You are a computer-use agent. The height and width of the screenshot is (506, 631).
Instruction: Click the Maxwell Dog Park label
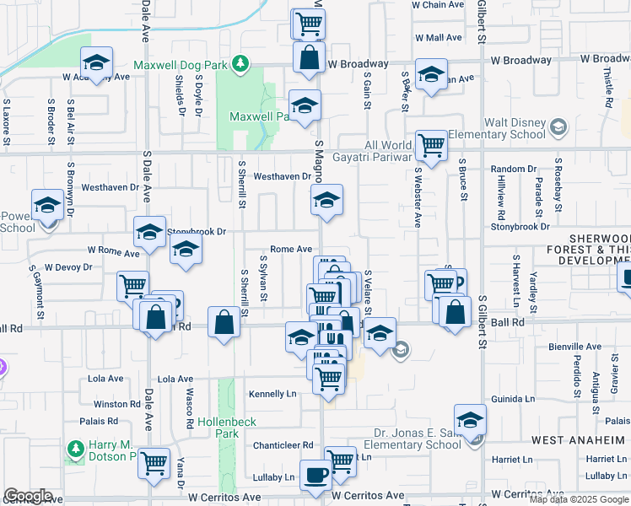pyautogui.click(x=182, y=65)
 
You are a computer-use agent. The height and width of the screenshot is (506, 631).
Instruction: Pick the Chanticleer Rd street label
pyautogui.click(x=283, y=445)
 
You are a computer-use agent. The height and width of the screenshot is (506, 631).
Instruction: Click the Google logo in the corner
pyautogui.click(x=28, y=496)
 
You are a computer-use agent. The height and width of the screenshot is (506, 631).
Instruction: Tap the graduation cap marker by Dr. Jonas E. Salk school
pyautogui.click(x=471, y=418)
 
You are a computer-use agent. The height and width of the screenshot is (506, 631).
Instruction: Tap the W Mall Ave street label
pyautogui.click(x=438, y=38)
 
